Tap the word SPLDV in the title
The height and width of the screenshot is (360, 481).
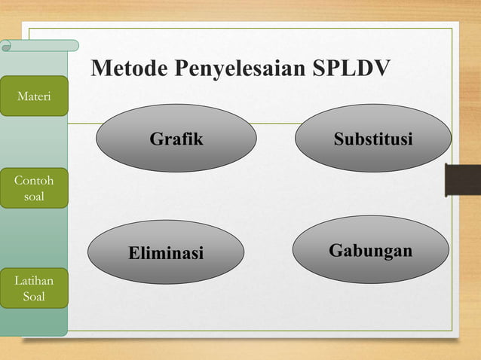coord(352,69)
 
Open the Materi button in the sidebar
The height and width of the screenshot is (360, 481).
coord(34,96)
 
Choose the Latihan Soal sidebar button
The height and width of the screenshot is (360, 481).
coord(34,288)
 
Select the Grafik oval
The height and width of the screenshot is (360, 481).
coord(176,139)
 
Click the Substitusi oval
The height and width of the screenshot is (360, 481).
coord(373,139)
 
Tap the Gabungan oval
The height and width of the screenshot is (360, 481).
coord(370,250)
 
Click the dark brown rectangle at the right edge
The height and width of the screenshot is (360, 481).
coord(463,178)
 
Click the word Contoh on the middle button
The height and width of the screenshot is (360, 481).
coord(34,182)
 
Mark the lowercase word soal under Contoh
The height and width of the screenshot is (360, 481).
coord(34,197)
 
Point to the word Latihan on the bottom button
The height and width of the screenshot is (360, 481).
coord(34,281)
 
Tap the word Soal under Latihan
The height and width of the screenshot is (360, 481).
coord(34,297)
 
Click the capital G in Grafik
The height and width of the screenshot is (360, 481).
coord(156,139)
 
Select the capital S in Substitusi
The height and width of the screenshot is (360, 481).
coord(339,139)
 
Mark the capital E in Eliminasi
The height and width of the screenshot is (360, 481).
coord(134,253)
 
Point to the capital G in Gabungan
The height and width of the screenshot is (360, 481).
coord(335,250)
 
